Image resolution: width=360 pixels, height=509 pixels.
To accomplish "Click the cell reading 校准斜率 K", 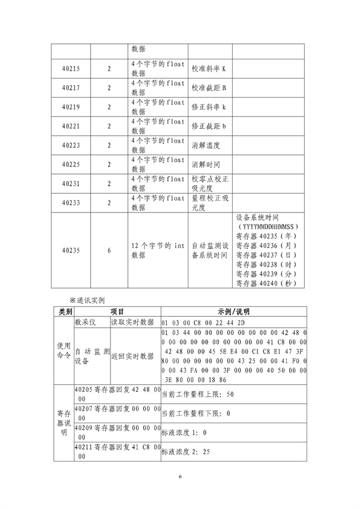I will [208, 69].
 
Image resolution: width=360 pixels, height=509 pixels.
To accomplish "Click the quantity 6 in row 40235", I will [109, 251].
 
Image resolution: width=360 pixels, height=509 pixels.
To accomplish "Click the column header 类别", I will [64, 312].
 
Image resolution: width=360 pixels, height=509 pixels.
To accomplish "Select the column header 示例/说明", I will [234, 312].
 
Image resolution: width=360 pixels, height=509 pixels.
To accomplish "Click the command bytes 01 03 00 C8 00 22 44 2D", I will [199, 322].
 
